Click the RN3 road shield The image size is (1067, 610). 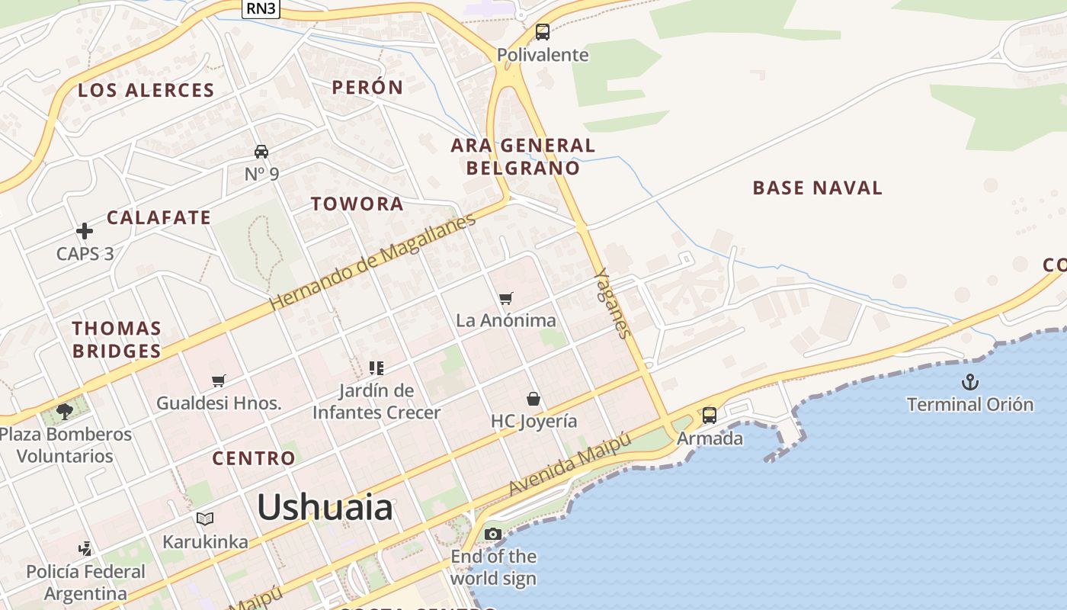tap(261, 8)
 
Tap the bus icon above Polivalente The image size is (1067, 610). tap(542, 32)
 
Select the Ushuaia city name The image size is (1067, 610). tap(325, 507)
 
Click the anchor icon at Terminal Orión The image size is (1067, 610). tap(969, 382)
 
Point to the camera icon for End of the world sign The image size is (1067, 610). tap(493, 534)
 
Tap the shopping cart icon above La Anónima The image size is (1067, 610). tap(506, 298)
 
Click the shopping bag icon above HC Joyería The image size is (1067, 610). tap(533, 399)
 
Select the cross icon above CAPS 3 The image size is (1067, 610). tap(85, 231)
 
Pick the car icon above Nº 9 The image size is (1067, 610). tap(261, 152)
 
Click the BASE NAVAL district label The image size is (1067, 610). tap(817, 188)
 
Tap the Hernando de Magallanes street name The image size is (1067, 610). tap(373, 261)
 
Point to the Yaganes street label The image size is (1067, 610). tap(614, 303)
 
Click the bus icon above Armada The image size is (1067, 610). tap(710, 416)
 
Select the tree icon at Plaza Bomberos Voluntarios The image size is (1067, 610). tap(65, 412)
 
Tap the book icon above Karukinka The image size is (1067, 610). tap(204, 519)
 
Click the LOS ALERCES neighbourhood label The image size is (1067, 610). tap(146, 90)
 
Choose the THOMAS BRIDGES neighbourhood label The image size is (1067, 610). tap(117, 339)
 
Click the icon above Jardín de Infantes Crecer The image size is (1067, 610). tap(376, 368)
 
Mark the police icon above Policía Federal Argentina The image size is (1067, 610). tap(85, 548)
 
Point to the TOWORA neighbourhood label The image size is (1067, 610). tap(357, 204)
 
